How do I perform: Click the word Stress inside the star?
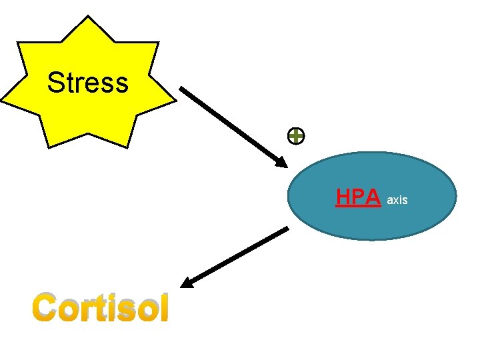coord(87,83)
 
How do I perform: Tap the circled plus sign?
coord(296,137)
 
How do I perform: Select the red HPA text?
coord(358,197)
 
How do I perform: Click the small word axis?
coord(397,199)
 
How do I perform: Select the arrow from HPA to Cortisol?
coord(235,257)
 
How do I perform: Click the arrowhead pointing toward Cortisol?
coord(187,283)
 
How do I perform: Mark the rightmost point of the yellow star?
coord(176,102)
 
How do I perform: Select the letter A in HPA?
coord(373,197)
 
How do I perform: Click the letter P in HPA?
coord(359,197)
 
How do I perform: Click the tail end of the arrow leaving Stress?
coord(182,89)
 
